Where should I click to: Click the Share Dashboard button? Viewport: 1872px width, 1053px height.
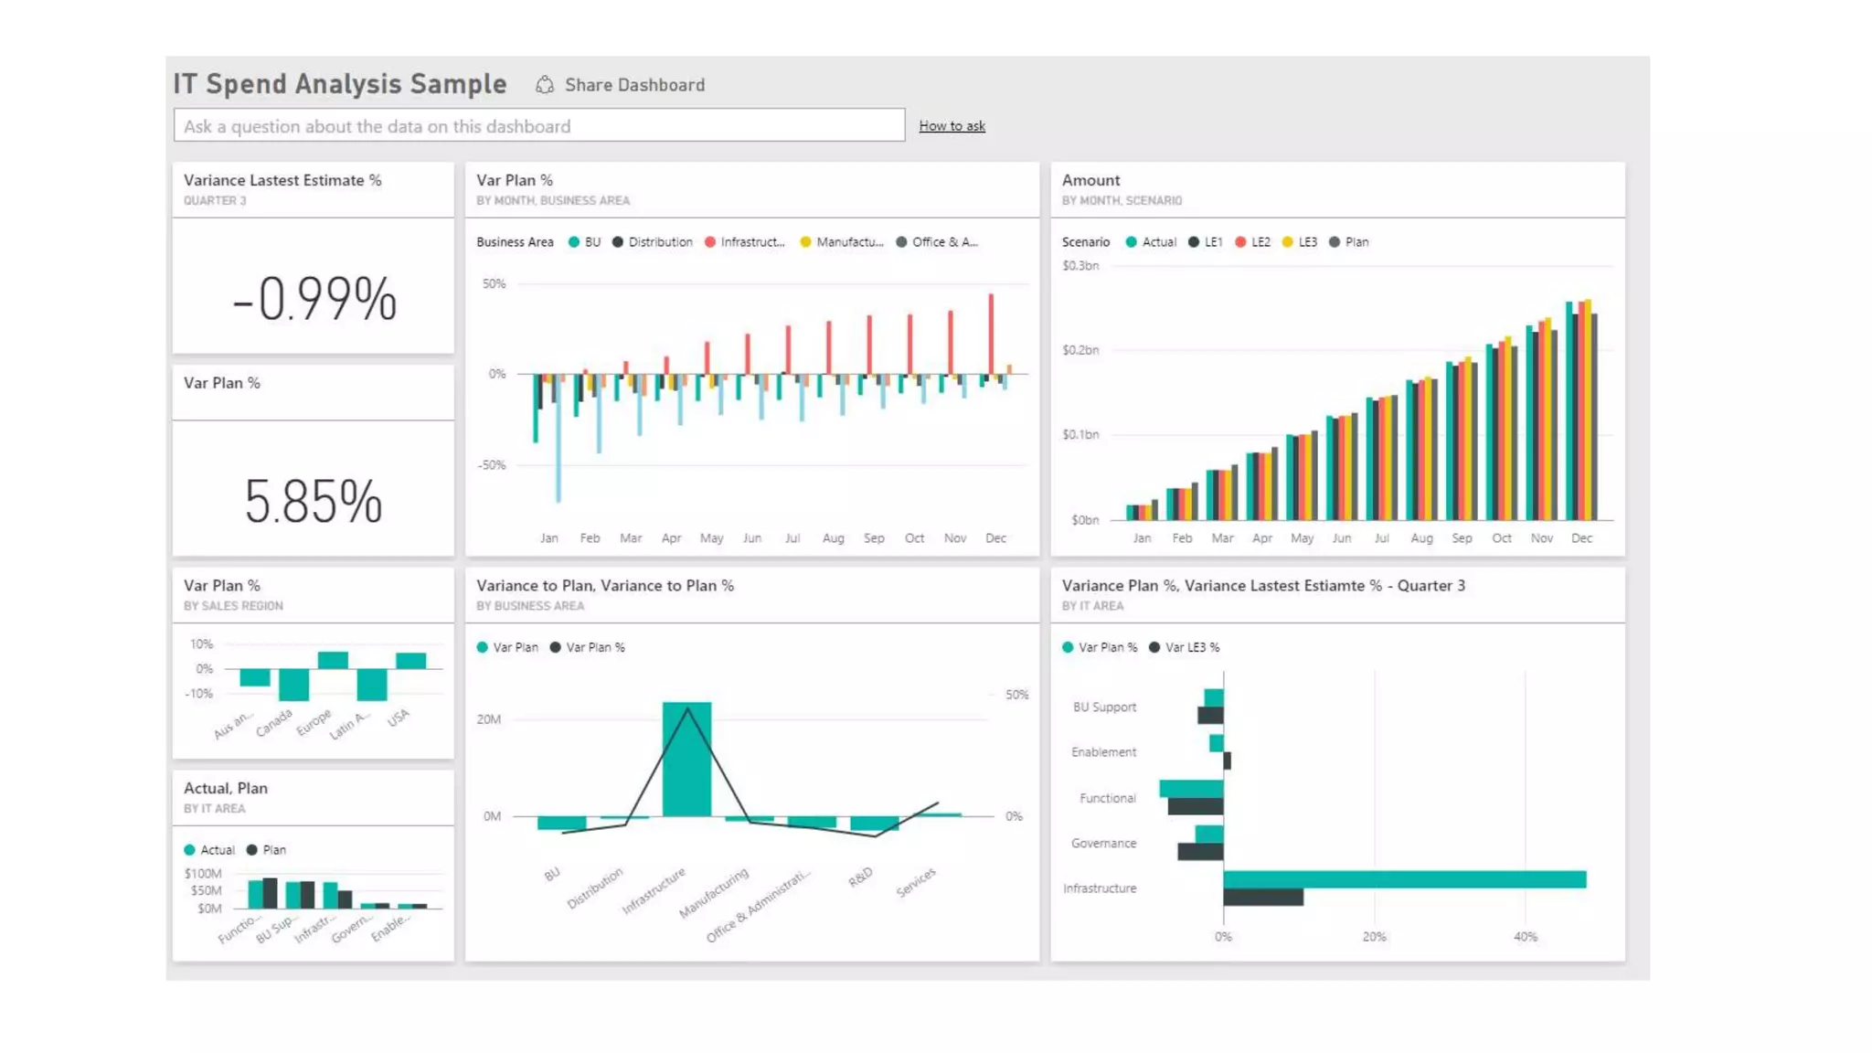(622, 85)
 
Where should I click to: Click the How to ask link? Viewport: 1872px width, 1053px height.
(952, 126)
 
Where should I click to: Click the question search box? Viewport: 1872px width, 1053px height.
(538, 126)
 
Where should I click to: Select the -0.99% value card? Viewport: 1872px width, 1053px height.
(314, 298)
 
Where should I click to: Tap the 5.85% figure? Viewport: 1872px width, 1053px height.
(314, 501)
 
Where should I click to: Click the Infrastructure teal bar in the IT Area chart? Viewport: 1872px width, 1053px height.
(1403, 879)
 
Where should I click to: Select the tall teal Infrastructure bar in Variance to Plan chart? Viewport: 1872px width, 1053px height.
(686, 759)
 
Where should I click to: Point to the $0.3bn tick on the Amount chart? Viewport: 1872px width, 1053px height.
(1080, 266)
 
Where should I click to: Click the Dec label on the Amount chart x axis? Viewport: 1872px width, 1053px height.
(1581, 538)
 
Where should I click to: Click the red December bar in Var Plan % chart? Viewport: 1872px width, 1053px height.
(991, 334)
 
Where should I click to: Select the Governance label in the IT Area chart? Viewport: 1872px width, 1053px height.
(1103, 843)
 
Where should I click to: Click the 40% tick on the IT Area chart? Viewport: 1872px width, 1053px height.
(1525, 937)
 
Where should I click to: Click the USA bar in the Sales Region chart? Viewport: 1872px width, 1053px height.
(410, 661)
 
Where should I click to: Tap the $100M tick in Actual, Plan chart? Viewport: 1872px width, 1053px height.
(203, 874)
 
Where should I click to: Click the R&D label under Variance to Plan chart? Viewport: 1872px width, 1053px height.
(860, 877)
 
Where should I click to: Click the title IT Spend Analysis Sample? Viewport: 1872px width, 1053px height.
(340, 84)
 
